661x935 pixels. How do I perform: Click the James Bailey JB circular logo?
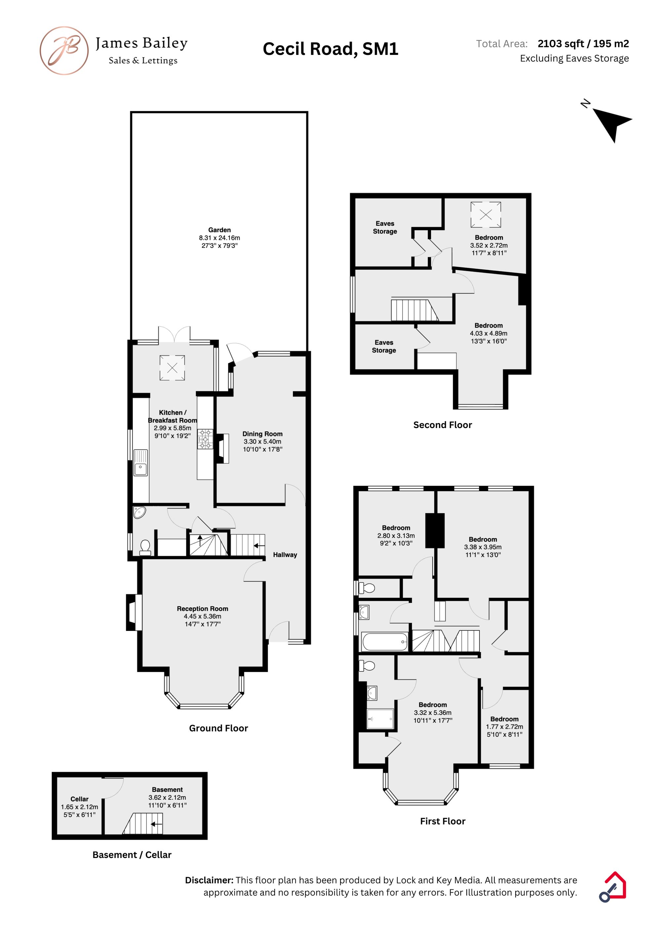click(64, 51)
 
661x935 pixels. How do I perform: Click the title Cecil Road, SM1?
click(330, 49)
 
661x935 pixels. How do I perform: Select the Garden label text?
click(219, 230)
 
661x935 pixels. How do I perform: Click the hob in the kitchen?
click(205, 439)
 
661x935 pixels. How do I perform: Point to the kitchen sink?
click(140, 462)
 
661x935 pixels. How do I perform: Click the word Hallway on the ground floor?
click(285, 555)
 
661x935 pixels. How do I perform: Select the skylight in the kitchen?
click(172, 368)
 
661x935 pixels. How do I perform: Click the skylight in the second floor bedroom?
click(486, 214)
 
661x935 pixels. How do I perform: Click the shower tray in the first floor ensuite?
click(380, 719)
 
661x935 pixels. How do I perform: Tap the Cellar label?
click(79, 799)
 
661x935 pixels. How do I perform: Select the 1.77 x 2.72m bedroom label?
click(504, 727)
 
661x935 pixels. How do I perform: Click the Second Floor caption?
click(442, 425)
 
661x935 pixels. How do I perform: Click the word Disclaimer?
click(209, 880)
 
